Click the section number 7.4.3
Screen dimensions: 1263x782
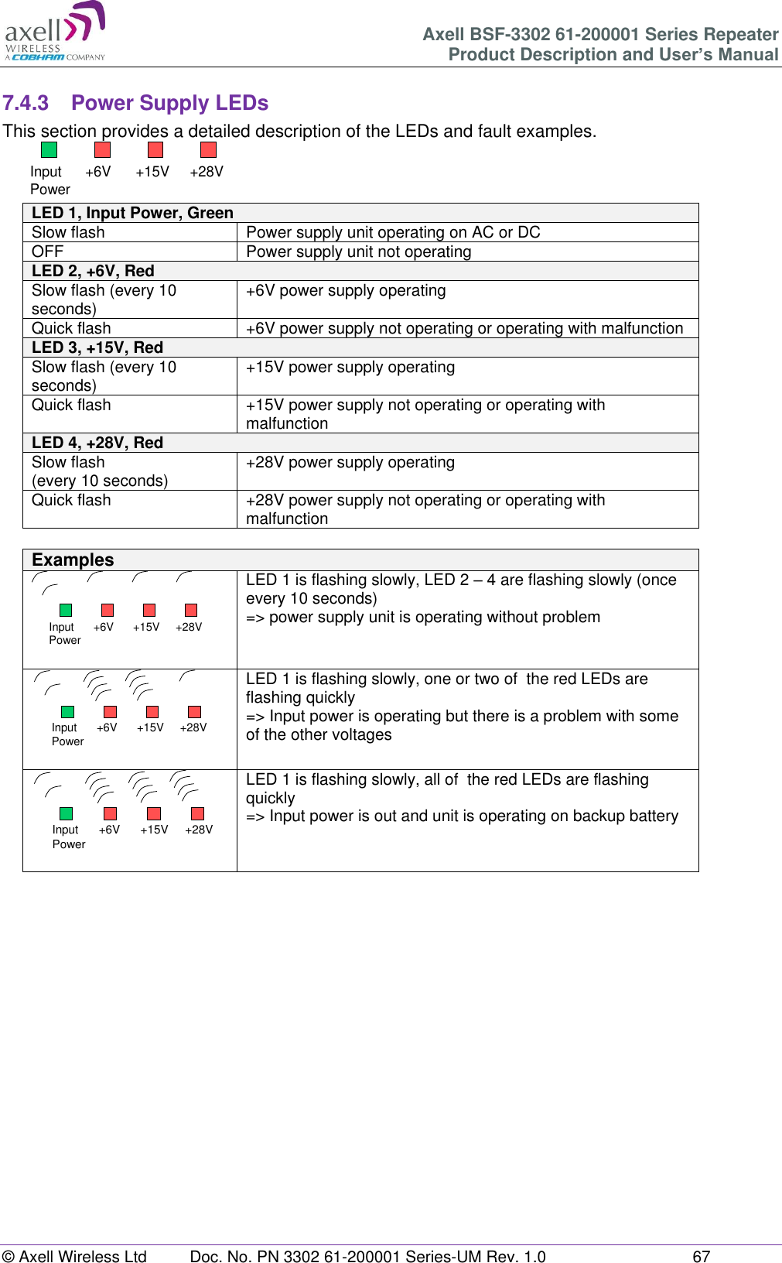[x=26, y=103]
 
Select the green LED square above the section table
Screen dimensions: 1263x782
[x=49, y=149]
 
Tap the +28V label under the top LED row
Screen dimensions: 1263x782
[x=207, y=172]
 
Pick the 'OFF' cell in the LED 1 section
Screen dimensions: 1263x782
[x=47, y=252]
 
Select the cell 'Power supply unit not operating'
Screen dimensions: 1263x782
[x=358, y=252]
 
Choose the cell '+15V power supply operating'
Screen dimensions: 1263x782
[x=350, y=367]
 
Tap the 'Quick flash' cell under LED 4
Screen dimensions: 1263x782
[x=71, y=500]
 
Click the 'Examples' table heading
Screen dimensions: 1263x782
[x=73, y=560]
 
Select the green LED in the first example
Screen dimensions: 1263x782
[x=66, y=610]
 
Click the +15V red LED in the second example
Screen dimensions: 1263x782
[x=152, y=711]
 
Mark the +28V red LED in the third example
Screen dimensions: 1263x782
[x=197, y=813]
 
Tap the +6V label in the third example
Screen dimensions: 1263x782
[x=109, y=830]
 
